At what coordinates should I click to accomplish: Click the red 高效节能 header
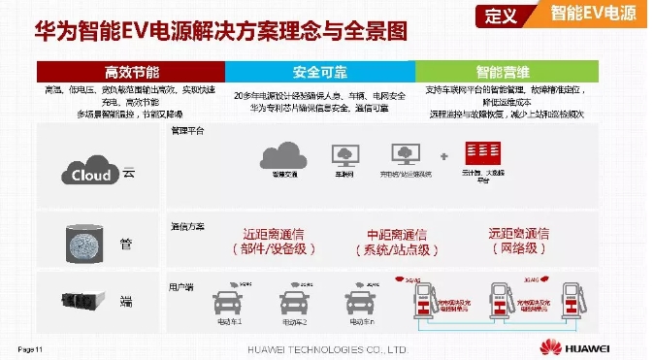pos(130,72)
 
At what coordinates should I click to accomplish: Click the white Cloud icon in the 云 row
pos(92,174)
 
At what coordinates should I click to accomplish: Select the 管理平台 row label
pos(187,129)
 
